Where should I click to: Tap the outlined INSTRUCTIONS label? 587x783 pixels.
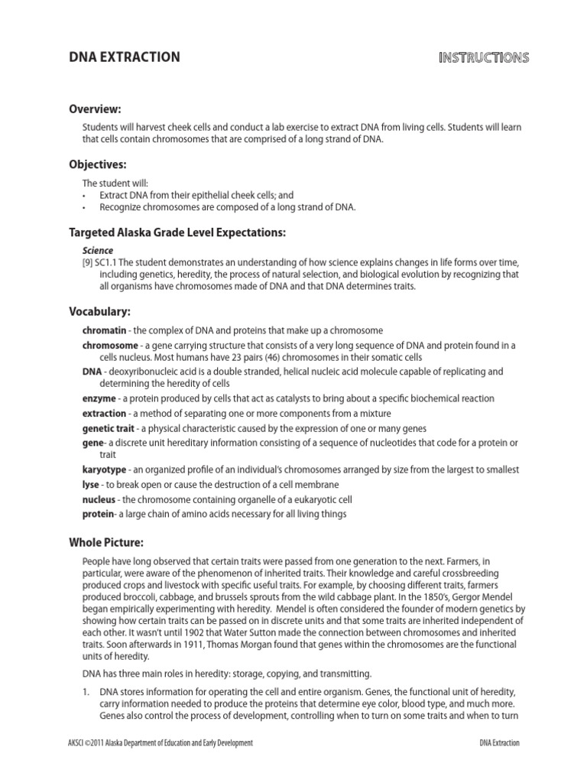pos(484,57)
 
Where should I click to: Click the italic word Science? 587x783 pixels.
pos(98,250)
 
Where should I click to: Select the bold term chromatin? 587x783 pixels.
pos(103,330)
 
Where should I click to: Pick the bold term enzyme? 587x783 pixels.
pos(99,398)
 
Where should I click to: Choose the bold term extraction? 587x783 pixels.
pos(104,413)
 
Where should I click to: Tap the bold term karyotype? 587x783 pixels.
pos(105,469)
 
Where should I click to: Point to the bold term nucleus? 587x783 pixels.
pos(99,499)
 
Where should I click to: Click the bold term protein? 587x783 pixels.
pos(99,514)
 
